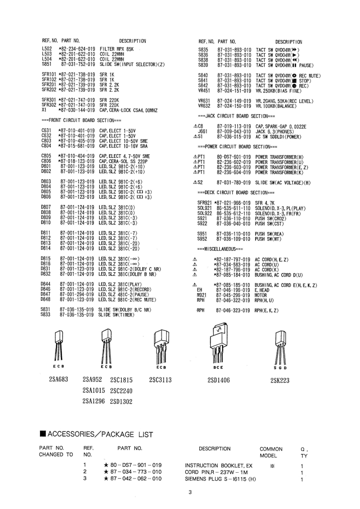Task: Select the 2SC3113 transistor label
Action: pos(160,380)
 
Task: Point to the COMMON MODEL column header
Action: pos(271,452)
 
